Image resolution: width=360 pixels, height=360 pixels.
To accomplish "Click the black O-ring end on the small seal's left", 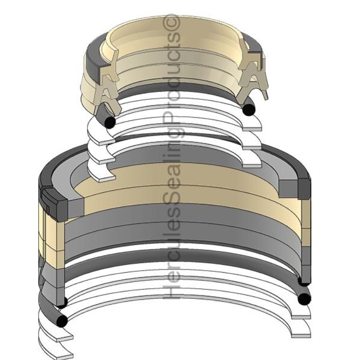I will pyautogui.click(x=110, y=123).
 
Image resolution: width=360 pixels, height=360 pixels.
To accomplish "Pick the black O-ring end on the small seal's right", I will pyautogui.click(x=248, y=110).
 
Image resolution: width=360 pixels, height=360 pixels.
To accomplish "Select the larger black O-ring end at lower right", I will pyautogui.click(x=304, y=299).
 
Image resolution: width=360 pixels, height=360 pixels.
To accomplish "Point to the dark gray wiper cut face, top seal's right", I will pyautogui.click(x=260, y=59).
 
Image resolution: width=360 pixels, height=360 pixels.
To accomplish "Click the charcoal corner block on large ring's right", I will pyautogui.click(x=304, y=189).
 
